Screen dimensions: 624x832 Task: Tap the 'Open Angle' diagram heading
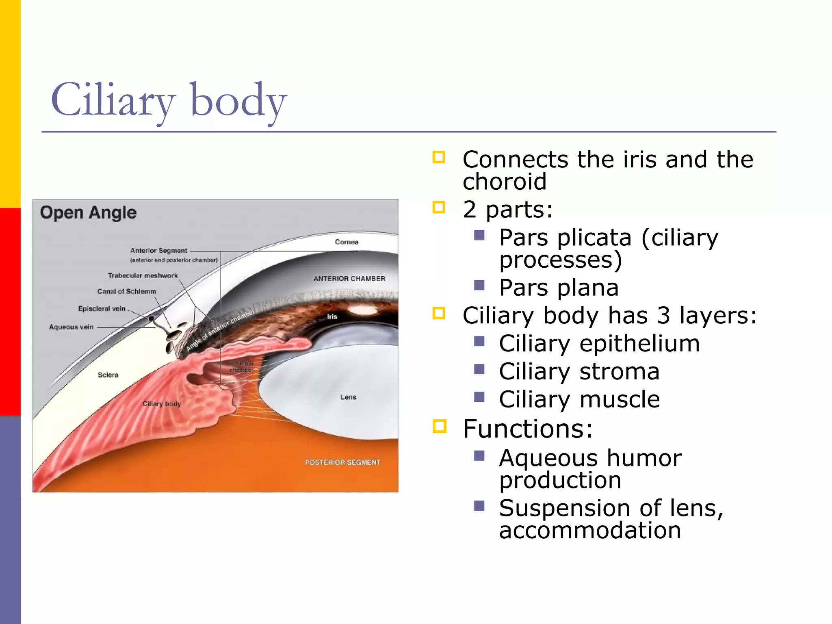(x=88, y=212)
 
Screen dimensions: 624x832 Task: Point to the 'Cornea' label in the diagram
(x=347, y=242)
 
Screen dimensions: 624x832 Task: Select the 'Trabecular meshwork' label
(x=143, y=276)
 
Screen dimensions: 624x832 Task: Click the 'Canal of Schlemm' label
(x=126, y=292)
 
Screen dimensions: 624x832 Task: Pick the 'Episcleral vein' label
(x=102, y=309)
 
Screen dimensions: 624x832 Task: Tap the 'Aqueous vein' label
(x=71, y=327)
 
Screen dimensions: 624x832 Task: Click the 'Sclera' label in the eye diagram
(x=108, y=375)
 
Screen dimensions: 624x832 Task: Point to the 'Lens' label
(x=348, y=397)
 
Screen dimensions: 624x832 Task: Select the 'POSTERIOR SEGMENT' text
(x=342, y=462)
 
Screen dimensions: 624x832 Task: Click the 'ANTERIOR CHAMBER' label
(x=349, y=279)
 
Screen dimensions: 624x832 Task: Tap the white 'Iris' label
(x=332, y=316)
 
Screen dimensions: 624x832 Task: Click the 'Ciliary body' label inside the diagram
(x=161, y=404)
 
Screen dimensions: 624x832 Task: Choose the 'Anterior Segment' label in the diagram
(x=158, y=251)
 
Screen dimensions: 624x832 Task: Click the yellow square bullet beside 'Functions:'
(x=439, y=426)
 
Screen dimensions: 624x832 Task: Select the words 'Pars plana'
(x=559, y=288)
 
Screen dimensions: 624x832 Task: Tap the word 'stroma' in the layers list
(x=619, y=371)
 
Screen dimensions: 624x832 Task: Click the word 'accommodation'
(x=590, y=530)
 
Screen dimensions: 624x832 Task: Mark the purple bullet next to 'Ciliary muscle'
(x=479, y=396)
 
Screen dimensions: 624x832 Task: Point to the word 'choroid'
(x=505, y=181)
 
